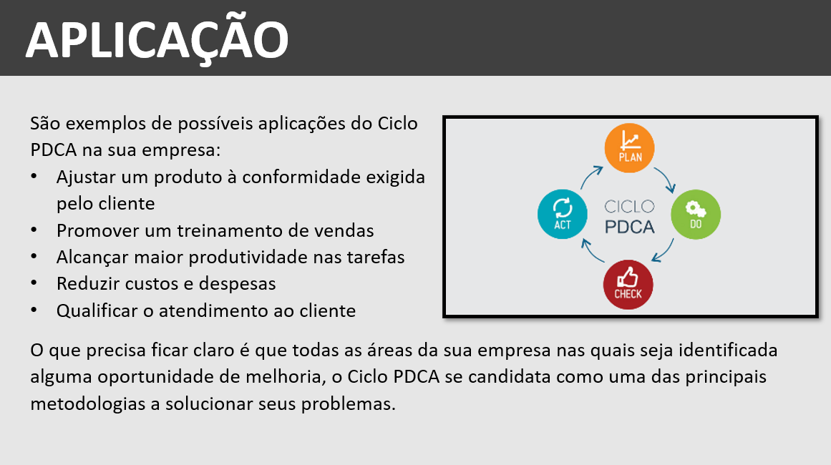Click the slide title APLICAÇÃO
click(x=157, y=41)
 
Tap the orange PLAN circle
click(x=630, y=148)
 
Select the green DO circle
click(x=696, y=215)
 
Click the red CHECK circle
click(x=628, y=285)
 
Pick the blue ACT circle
click(x=563, y=214)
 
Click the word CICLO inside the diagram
click(x=630, y=206)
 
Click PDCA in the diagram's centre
click(x=630, y=227)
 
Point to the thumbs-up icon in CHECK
click(x=628, y=276)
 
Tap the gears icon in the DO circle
click(x=695, y=209)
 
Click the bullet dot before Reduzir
click(x=34, y=283)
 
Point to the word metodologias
click(x=88, y=404)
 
